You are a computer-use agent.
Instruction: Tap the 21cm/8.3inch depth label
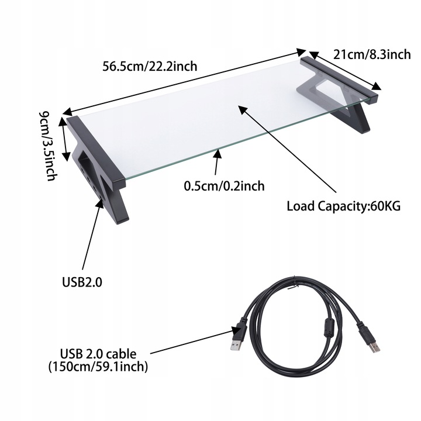coord(372,54)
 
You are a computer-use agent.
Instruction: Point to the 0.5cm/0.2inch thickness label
coord(224,187)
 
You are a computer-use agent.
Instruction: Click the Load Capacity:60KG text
coord(343,206)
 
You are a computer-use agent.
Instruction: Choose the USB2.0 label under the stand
coord(82,282)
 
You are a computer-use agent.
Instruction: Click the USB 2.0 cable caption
coord(98,354)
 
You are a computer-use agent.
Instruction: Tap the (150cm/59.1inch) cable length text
coord(98,367)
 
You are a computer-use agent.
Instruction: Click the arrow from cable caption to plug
coord(193,342)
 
